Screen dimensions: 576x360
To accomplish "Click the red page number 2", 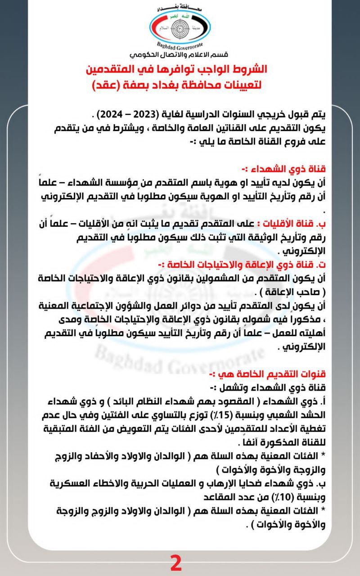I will click(176, 563).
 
